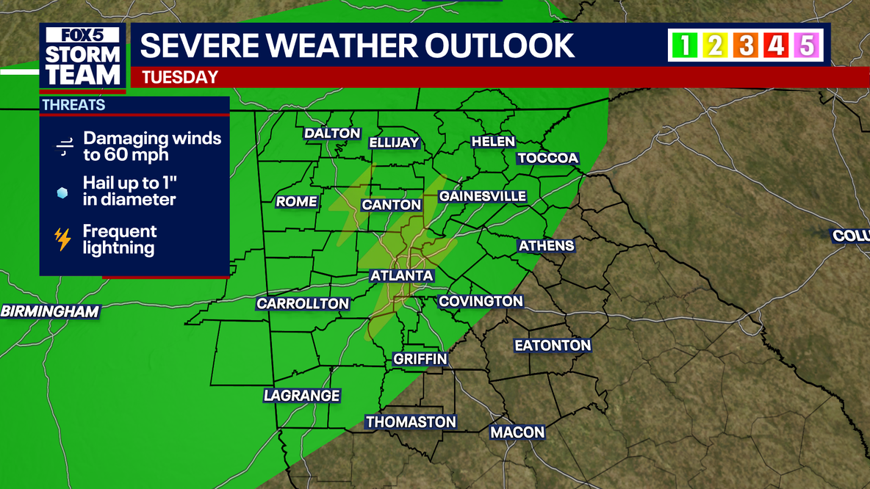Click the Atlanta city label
(x=401, y=276)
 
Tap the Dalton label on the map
(x=332, y=134)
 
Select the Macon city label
(x=517, y=432)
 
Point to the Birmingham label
(x=49, y=311)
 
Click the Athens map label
(x=546, y=246)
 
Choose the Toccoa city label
(x=548, y=159)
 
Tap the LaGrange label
(x=301, y=396)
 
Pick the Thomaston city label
(x=411, y=422)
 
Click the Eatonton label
(x=553, y=345)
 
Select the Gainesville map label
(x=482, y=197)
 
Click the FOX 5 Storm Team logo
(x=83, y=57)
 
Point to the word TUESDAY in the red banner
(x=180, y=77)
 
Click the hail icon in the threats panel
(x=63, y=193)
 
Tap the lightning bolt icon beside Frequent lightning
(x=63, y=239)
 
